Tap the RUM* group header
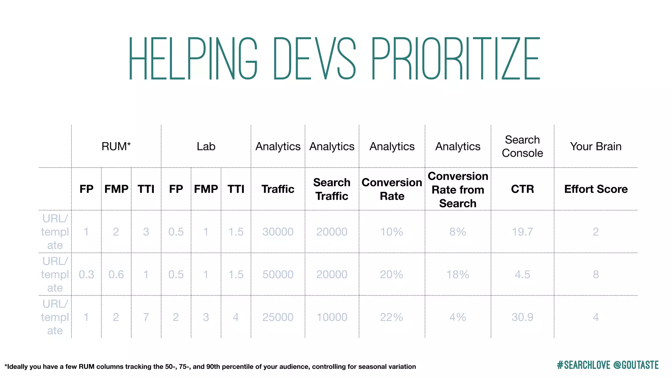coord(116,146)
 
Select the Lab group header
coord(206,146)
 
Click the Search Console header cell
coord(522,146)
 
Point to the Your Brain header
coord(596,146)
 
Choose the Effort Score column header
coord(596,189)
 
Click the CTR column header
coord(522,189)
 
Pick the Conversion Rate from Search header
coord(458,190)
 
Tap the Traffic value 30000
coord(278,232)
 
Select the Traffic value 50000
coord(278,275)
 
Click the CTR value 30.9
coord(522,317)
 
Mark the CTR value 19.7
coord(522,232)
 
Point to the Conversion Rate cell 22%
coord(391,317)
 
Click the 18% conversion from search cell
coord(458,275)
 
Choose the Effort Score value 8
coord(596,275)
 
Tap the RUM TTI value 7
coord(146,317)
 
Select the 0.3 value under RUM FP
coord(86,275)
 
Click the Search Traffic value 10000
coord(332,317)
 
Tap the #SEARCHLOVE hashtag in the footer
coord(583,365)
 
